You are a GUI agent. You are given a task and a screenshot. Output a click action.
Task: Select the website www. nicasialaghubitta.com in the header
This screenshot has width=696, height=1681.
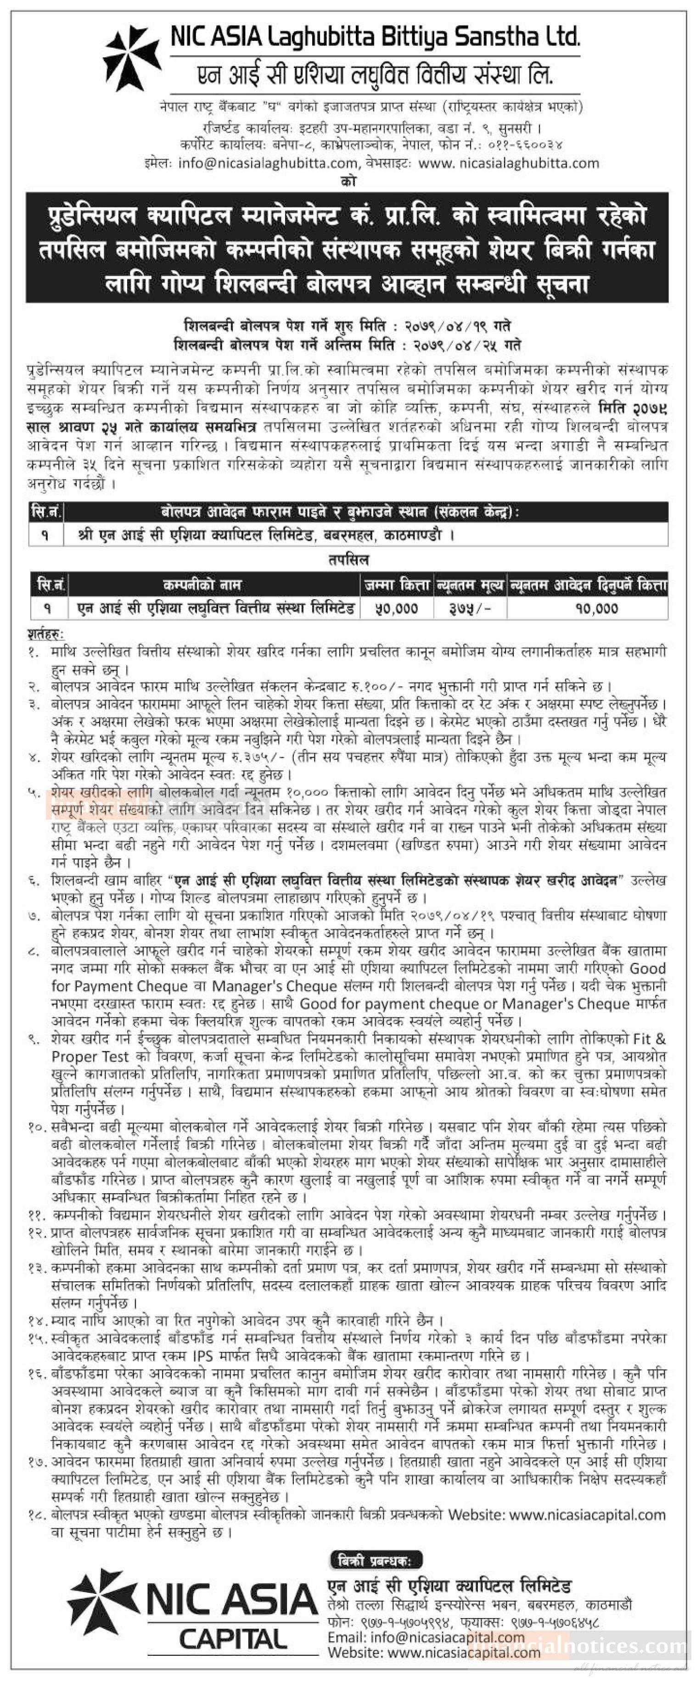tap(509, 163)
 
